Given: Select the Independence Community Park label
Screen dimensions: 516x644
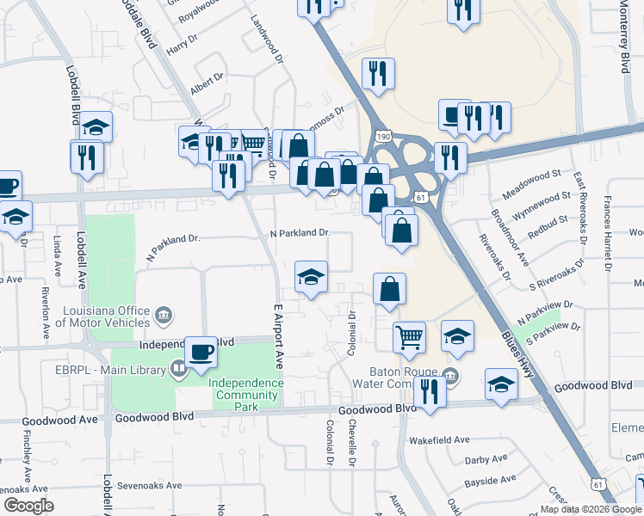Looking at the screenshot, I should point(246,389).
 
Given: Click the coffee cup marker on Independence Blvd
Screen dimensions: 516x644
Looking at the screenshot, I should point(201,351).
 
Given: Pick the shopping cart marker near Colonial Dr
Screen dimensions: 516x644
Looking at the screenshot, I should point(410,336).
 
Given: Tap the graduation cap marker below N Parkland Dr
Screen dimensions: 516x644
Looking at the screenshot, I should point(311,276).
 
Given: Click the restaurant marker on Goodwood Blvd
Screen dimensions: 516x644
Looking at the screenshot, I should point(429,391).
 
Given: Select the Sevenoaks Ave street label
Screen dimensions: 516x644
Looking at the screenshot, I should point(150,485).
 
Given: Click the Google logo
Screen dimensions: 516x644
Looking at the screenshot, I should point(28,506).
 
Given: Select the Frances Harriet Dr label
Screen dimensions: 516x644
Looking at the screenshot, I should point(607,233).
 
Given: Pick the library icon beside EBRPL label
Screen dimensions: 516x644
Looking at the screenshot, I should point(179,371).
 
